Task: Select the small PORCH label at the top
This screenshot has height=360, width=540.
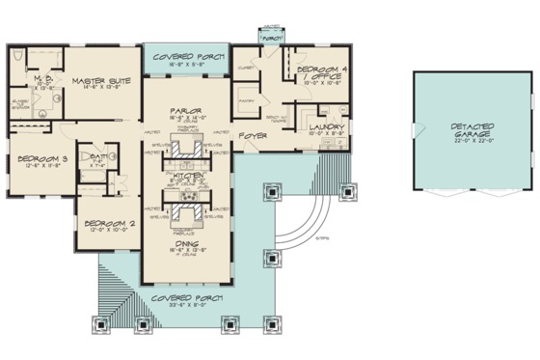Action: coord(271,38)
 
